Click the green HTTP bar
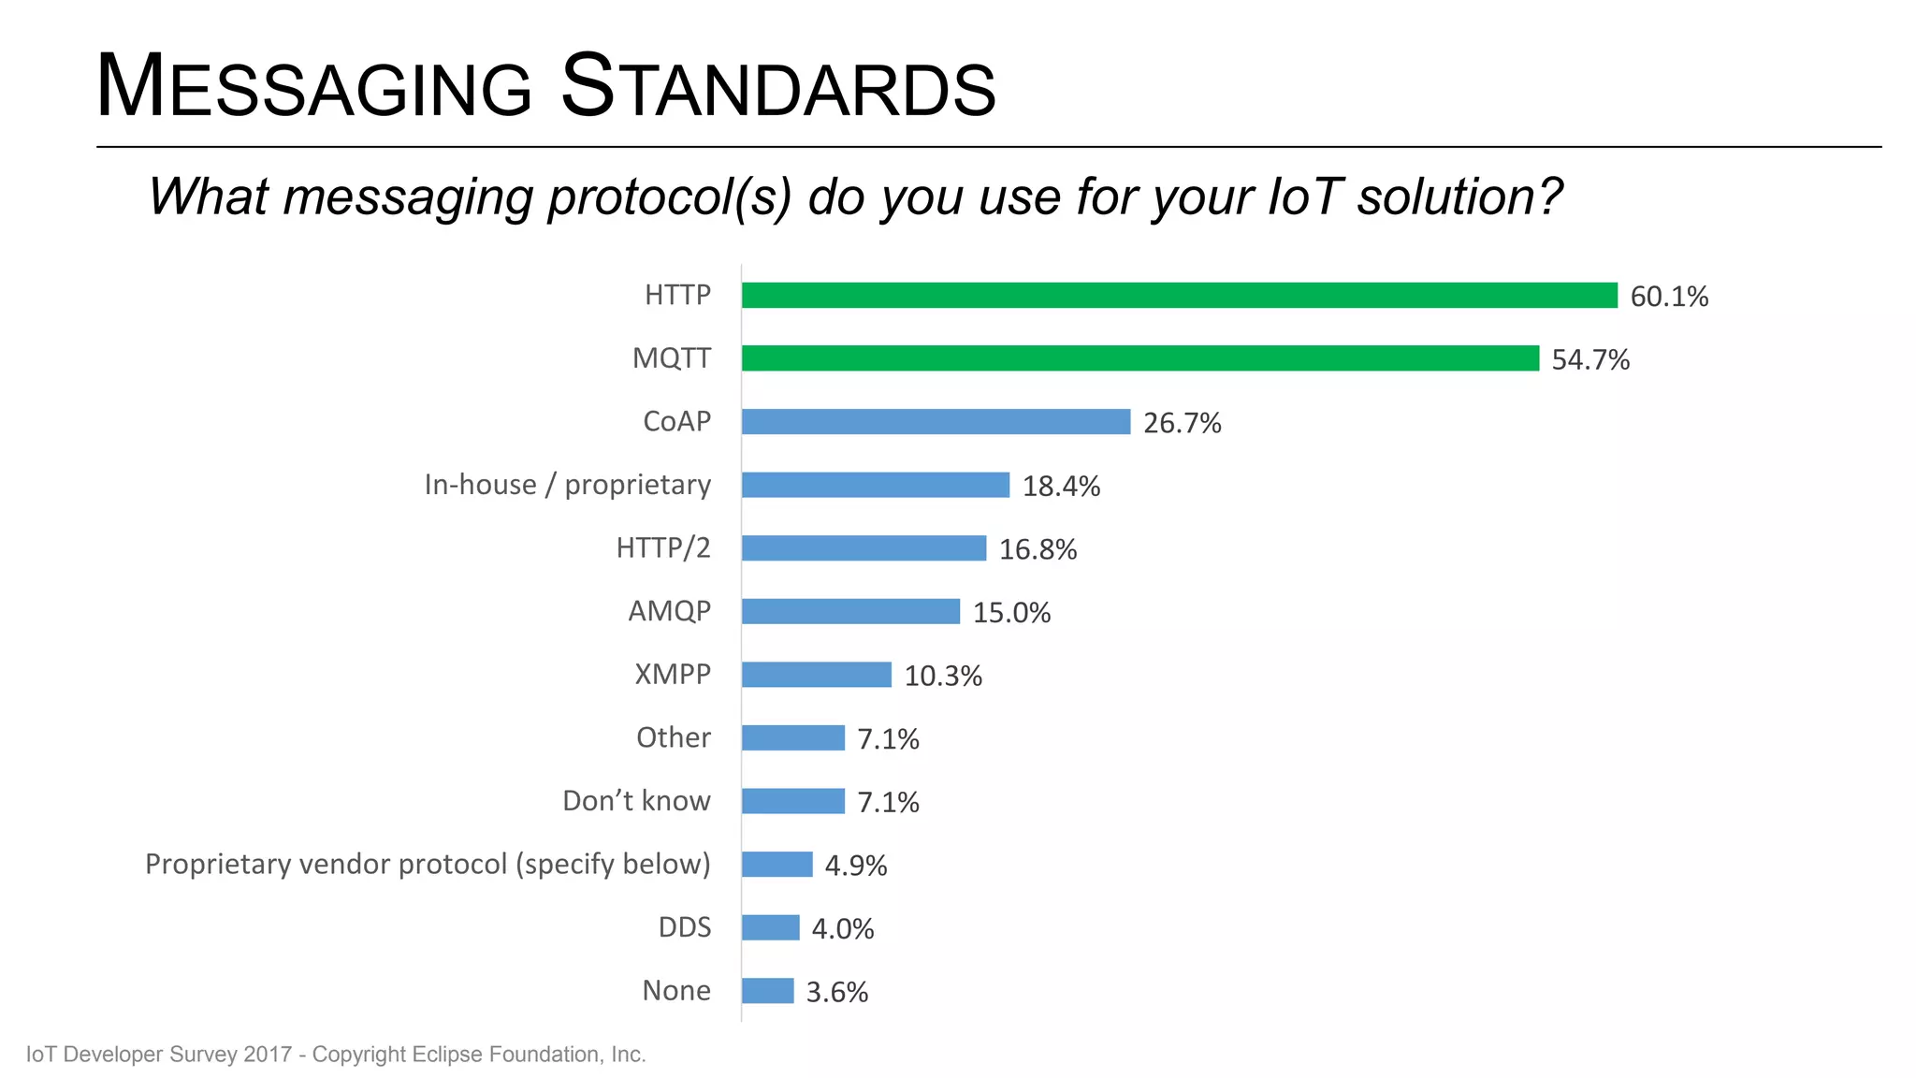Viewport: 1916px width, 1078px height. pos(1179,295)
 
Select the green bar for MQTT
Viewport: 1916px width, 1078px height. pos(1139,358)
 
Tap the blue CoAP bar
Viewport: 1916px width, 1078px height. pos(936,421)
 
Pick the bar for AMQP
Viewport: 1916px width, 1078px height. pos(850,611)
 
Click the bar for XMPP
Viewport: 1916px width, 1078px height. pos(816,675)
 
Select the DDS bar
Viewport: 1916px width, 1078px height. pos(770,927)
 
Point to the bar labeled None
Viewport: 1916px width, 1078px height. pos(767,990)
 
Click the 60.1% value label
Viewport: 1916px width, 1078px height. pos(1669,297)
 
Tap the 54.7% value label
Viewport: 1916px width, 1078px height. pos(1590,360)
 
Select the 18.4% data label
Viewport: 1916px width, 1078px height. pos(1061,487)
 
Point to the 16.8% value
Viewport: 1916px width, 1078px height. pos(1038,549)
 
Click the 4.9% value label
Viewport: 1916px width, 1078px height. pos(855,866)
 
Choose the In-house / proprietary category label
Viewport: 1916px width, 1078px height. pos(567,485)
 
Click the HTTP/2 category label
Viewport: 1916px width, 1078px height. pos(662,547)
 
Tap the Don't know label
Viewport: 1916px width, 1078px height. pos(636,801)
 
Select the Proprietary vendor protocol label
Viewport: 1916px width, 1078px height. pos(428,864)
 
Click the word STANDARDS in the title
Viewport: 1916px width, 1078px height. pos(777,88)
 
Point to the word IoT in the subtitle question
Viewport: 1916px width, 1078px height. pos(1304,197)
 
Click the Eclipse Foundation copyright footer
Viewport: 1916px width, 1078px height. pos(336,1055)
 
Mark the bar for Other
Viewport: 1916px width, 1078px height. pos(792,737)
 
